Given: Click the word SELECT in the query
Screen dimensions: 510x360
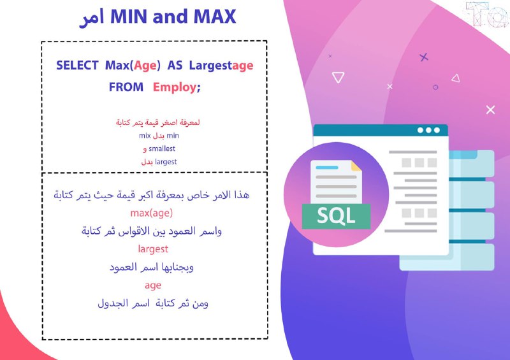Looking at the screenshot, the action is (x=77, y=66).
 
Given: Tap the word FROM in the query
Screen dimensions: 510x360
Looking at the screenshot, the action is (x=126, y=87).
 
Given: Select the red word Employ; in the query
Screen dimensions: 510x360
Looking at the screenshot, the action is (x=177, y=87).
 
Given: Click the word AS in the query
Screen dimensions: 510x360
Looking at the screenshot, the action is (x=175, y=66).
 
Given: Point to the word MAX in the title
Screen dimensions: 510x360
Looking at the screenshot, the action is (x=215, y=17).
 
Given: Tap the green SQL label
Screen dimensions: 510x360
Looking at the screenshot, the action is (x=336, y=216).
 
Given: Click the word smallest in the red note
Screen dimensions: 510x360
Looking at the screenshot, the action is (x=162, y=148).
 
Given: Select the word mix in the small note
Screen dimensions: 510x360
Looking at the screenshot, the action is (x=145, y=136).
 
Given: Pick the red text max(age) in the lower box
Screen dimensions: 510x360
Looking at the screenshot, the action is (x=152, y=213).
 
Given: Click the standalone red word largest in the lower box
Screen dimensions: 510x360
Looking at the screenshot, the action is (x=153, y=249).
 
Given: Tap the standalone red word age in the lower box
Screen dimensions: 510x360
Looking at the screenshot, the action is (x=153, y=285).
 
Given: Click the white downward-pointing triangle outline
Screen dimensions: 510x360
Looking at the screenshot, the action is (x=338, y=77).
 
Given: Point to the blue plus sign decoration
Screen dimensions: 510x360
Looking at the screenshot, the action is (x=423, y=57).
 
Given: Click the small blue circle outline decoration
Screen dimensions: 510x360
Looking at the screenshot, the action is (x=435, y=87).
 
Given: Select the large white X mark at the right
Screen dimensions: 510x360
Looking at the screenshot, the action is (x=490, y=110).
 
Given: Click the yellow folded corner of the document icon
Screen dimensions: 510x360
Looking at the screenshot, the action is (x=356, y=166).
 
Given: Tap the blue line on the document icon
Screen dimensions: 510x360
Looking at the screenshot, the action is (x=327, y=168).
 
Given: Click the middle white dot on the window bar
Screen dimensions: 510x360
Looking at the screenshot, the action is (x=428, y=130).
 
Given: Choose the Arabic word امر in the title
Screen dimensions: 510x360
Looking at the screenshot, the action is (x=92, y=18).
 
